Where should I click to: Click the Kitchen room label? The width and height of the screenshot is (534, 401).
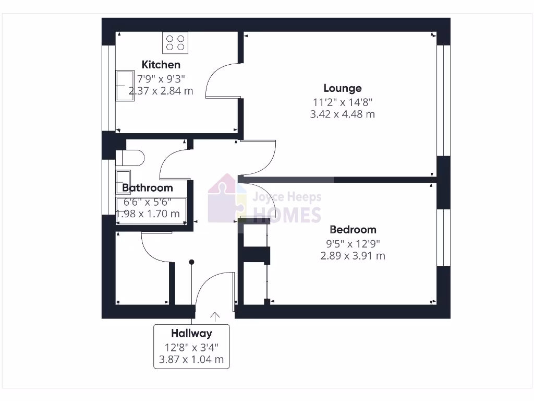point(161,65)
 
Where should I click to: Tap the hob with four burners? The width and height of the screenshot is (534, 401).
point(175,42)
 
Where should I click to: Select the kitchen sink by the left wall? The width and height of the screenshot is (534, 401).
point(125,85)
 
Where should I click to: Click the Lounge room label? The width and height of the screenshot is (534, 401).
point(342,88)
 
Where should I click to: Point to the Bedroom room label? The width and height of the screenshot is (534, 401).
point(353,229)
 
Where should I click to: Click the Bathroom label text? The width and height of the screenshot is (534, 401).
point(147,187)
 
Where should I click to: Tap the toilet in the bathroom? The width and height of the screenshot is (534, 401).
point(130,158)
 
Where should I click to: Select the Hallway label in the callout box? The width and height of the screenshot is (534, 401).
point(191,333)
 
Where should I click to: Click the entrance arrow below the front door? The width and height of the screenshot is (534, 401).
point(215,315)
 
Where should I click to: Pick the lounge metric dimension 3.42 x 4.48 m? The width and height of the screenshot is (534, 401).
point(342,114)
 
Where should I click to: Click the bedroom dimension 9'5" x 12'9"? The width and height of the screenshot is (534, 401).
point(353,243)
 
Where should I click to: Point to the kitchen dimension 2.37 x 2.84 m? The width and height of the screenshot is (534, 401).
point(161,91)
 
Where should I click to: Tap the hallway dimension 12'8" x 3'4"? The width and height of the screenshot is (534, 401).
point(191,347)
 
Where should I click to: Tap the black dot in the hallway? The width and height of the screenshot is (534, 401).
point(192,262)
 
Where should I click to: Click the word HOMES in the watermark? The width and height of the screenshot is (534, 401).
point(287,215)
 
